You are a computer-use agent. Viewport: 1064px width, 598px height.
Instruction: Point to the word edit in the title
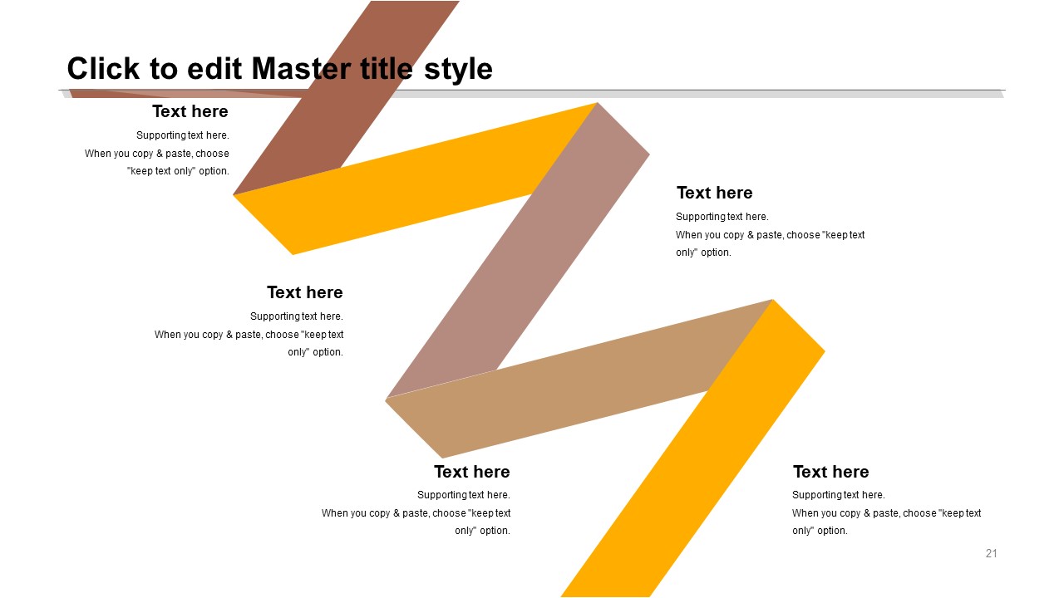tap(214, 68)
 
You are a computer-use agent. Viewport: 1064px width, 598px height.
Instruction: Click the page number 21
tap(992, 553)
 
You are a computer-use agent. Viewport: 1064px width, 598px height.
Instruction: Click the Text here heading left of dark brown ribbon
tap(190, 111)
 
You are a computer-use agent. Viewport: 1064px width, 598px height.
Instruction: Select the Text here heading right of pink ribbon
tap(714, 193)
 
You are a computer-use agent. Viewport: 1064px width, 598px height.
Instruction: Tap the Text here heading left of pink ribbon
tap(304, 292)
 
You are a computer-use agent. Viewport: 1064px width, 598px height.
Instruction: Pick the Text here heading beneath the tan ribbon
tap(471, 472)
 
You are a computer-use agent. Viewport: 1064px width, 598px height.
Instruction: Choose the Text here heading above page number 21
tap(830, 472)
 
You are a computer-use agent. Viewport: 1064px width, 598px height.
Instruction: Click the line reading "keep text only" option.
tap(178, 171)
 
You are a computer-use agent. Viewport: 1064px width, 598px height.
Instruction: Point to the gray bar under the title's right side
tap(698, 94)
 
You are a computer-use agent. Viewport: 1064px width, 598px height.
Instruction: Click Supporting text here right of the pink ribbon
tap(722, 217)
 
